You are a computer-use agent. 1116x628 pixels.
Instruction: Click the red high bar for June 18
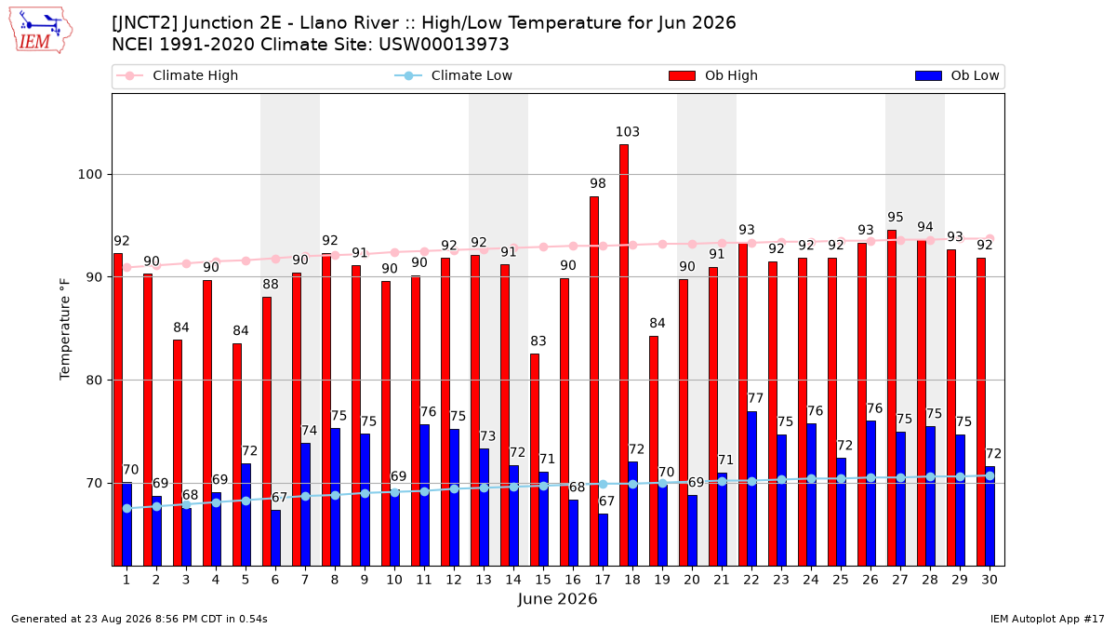tap(624, 355)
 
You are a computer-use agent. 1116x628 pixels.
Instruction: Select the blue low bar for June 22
tap(751, 489)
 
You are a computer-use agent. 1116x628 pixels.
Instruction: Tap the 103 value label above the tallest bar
tap(627, 132)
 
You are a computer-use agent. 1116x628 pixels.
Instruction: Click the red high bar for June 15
tap(535, 460)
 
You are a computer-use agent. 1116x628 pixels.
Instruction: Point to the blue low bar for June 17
tap(604, 541)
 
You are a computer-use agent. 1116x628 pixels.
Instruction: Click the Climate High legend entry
tap(177, 75)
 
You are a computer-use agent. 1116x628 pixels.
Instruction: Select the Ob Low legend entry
tap(957, 75)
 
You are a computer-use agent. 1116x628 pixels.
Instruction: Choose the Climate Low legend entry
tap(454, 75)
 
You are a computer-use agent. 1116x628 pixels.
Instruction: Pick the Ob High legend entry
tap(713, 75)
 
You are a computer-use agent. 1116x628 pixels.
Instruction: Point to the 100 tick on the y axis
tap(89, 175)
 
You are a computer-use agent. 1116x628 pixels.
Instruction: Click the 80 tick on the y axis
tap(94, 381)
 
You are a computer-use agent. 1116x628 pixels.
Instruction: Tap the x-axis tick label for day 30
tap(990, 581)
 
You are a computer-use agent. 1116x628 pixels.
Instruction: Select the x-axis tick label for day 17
tap(603, 581)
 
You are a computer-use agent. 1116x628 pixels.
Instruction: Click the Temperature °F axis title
tap(65, 329)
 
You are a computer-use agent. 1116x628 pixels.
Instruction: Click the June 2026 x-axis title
tap(557, 599)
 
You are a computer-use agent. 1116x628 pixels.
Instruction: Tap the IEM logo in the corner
tap(40, 31)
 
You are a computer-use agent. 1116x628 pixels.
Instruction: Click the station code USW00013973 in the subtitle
tap(444, 45)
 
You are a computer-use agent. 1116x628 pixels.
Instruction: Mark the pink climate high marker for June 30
tap(990, 239)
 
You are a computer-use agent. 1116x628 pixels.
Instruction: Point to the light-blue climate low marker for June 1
tap(127, 508)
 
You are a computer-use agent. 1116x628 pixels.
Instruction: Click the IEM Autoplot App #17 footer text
tap(1047, 619)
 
